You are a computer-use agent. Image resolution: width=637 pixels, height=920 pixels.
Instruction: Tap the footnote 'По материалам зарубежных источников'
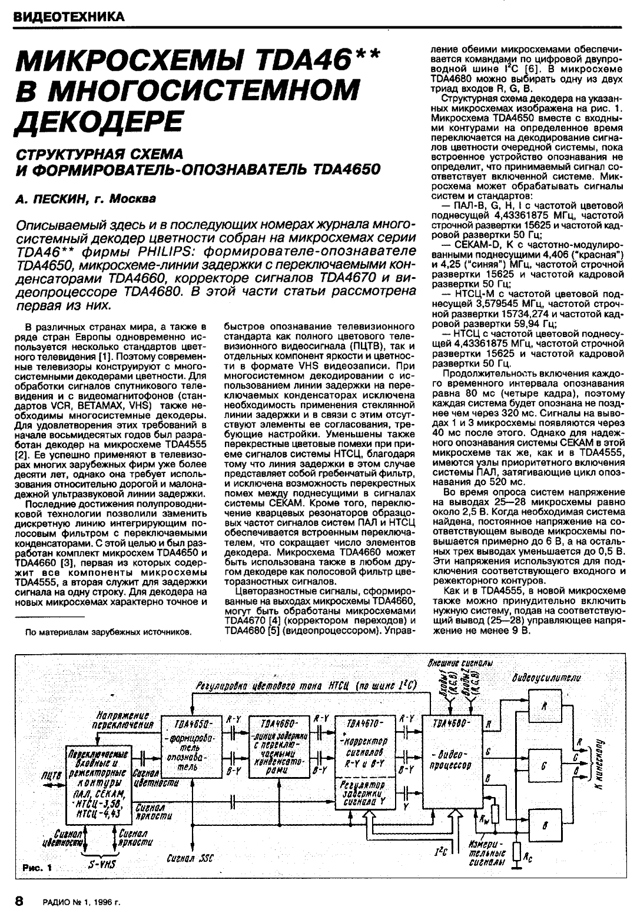pyautogui.click(x=108, y=632)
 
